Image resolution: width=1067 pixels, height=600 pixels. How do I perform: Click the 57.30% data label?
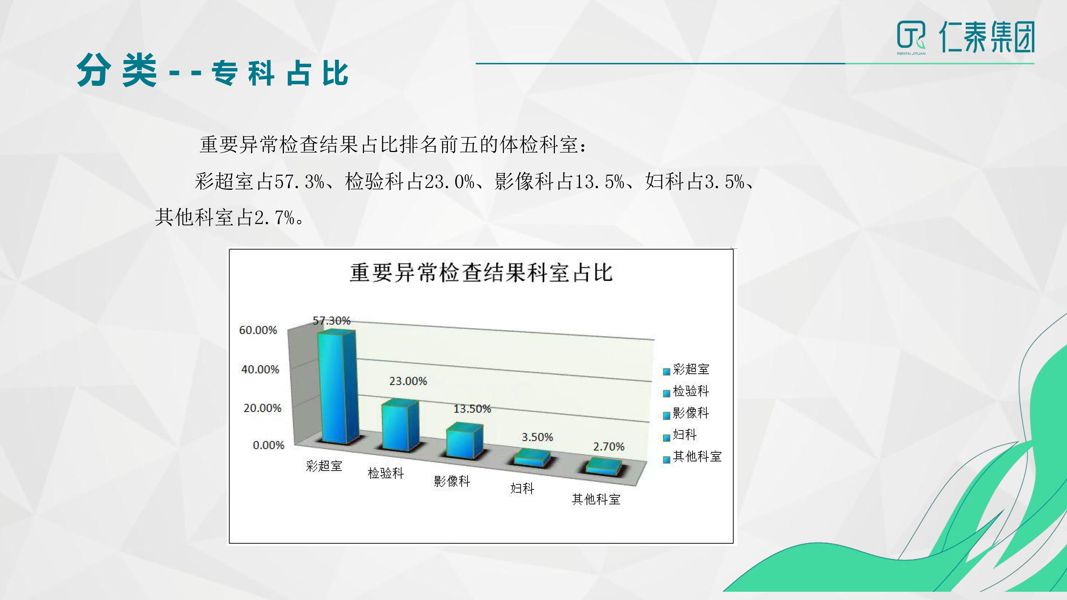click(x=331, y=321)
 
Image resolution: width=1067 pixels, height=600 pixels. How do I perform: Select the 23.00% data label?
click(x=408, y=381)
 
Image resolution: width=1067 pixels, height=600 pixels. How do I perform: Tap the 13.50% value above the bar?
click(x=472, y=409)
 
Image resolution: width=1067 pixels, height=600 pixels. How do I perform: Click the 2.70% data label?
click(x=608, y=446)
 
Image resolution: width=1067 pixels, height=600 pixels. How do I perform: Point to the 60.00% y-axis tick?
click(x=258, y=330)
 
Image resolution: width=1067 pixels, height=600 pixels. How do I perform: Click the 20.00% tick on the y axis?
click(x=262, y=408)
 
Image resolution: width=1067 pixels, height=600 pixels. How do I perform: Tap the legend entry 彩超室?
click(x=686, y=369)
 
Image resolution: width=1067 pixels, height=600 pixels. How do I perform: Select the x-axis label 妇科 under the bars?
click(x=522, y=489)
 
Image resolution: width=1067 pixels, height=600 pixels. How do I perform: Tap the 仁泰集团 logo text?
click(x=987, y=37)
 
